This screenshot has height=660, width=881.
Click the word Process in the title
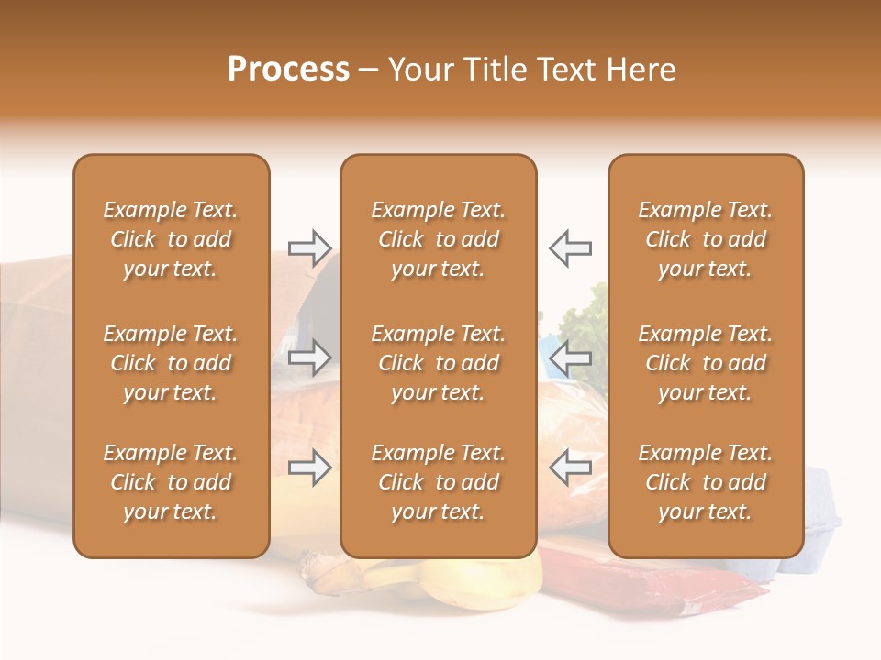coord(288,70)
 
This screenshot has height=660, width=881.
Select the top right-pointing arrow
coord(310,247)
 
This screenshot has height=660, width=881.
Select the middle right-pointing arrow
coord(310,357)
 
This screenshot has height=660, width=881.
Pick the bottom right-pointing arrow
coord(310,467)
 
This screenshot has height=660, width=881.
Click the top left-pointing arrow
coord(570,247)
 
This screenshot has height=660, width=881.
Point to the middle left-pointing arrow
coord(570,357)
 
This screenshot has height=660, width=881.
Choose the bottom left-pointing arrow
coord(570,467)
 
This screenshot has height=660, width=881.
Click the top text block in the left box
coord(171,239)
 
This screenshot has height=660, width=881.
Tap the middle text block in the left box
coord(171,363)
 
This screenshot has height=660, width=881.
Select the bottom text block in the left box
coord(171,482)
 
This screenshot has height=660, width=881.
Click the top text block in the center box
coord(438,239)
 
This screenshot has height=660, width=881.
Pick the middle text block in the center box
coord(438,363)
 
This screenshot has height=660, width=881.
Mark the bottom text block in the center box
coord(438,482)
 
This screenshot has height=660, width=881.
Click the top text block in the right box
coord(705,239)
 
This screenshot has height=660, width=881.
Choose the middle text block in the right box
coord(705,363)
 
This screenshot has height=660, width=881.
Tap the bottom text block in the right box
coord(705,482)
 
